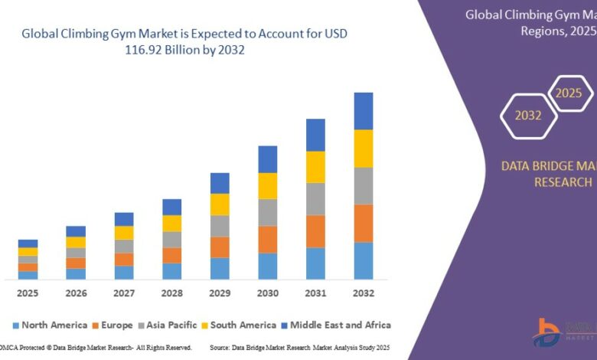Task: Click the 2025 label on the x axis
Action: click(28, 293)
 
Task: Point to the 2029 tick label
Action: click(220, 293)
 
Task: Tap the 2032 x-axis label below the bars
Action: click(364, 293)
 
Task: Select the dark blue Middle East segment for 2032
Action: click(364, 111)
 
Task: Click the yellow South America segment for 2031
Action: click(315, 167)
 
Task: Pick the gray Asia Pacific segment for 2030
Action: click(268, 212)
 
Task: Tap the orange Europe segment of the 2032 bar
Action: click(364, 223)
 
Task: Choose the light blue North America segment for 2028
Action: click(172, 271)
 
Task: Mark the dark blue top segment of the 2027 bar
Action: click(124, 219)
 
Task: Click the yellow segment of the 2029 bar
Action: click(220, 205)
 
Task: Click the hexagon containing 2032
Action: click(528, 116)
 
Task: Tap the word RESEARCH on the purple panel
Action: click(563, 182)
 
